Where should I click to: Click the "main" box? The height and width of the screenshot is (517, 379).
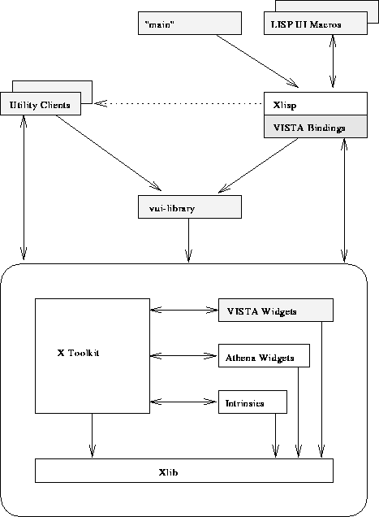pyautogui.click(x=190, y=23)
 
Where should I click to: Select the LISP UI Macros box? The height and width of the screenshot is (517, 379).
pyautogui.click(x=316, y=23)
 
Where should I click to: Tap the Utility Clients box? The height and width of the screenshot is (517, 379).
pyautogui.click(x=41, y=103)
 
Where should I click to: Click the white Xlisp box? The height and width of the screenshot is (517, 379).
pyautogui.click(x=316, y=103)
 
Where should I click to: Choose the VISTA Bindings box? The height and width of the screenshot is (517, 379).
pyautogui.click(x=316, y=127)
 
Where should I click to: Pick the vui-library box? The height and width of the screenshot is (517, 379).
pyautogui.click(x=190, y=206)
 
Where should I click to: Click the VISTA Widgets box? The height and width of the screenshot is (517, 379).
pyautogui.click(x=276, y=310)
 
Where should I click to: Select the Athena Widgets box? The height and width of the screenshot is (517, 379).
pyautogui.click(x=264, y=356)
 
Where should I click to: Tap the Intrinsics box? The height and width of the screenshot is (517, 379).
pyautogui.click(x=252, y=402)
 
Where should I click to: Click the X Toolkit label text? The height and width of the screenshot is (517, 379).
pyautogui.click(x=78, y=353)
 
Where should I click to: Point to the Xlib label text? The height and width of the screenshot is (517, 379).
pyautogui.click(x=168, y=472)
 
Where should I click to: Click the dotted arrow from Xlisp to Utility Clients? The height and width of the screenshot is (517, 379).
pyautogui.click(x=179, y=103)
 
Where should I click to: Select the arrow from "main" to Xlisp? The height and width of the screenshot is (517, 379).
pyautogui.click(x=257, y=61)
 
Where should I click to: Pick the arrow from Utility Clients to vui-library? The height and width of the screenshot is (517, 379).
pyautogui.click(x=108, y=153)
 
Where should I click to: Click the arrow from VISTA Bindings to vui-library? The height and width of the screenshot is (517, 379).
pyautogui.click(x=258, y=165)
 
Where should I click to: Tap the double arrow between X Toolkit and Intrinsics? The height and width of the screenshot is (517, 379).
pyautogui.click(x=183, y=402)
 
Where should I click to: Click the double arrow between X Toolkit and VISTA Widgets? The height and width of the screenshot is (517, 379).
pyautogui.click(x=183, y=310)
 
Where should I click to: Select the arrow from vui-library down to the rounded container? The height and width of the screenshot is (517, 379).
pyautogui.click(x=188, y=241)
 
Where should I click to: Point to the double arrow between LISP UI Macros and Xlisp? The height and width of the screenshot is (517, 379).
pyautogui.click(x=333, y=61)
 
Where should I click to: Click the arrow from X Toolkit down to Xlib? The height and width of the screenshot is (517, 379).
pyautogui.click(x=93, y=436)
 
